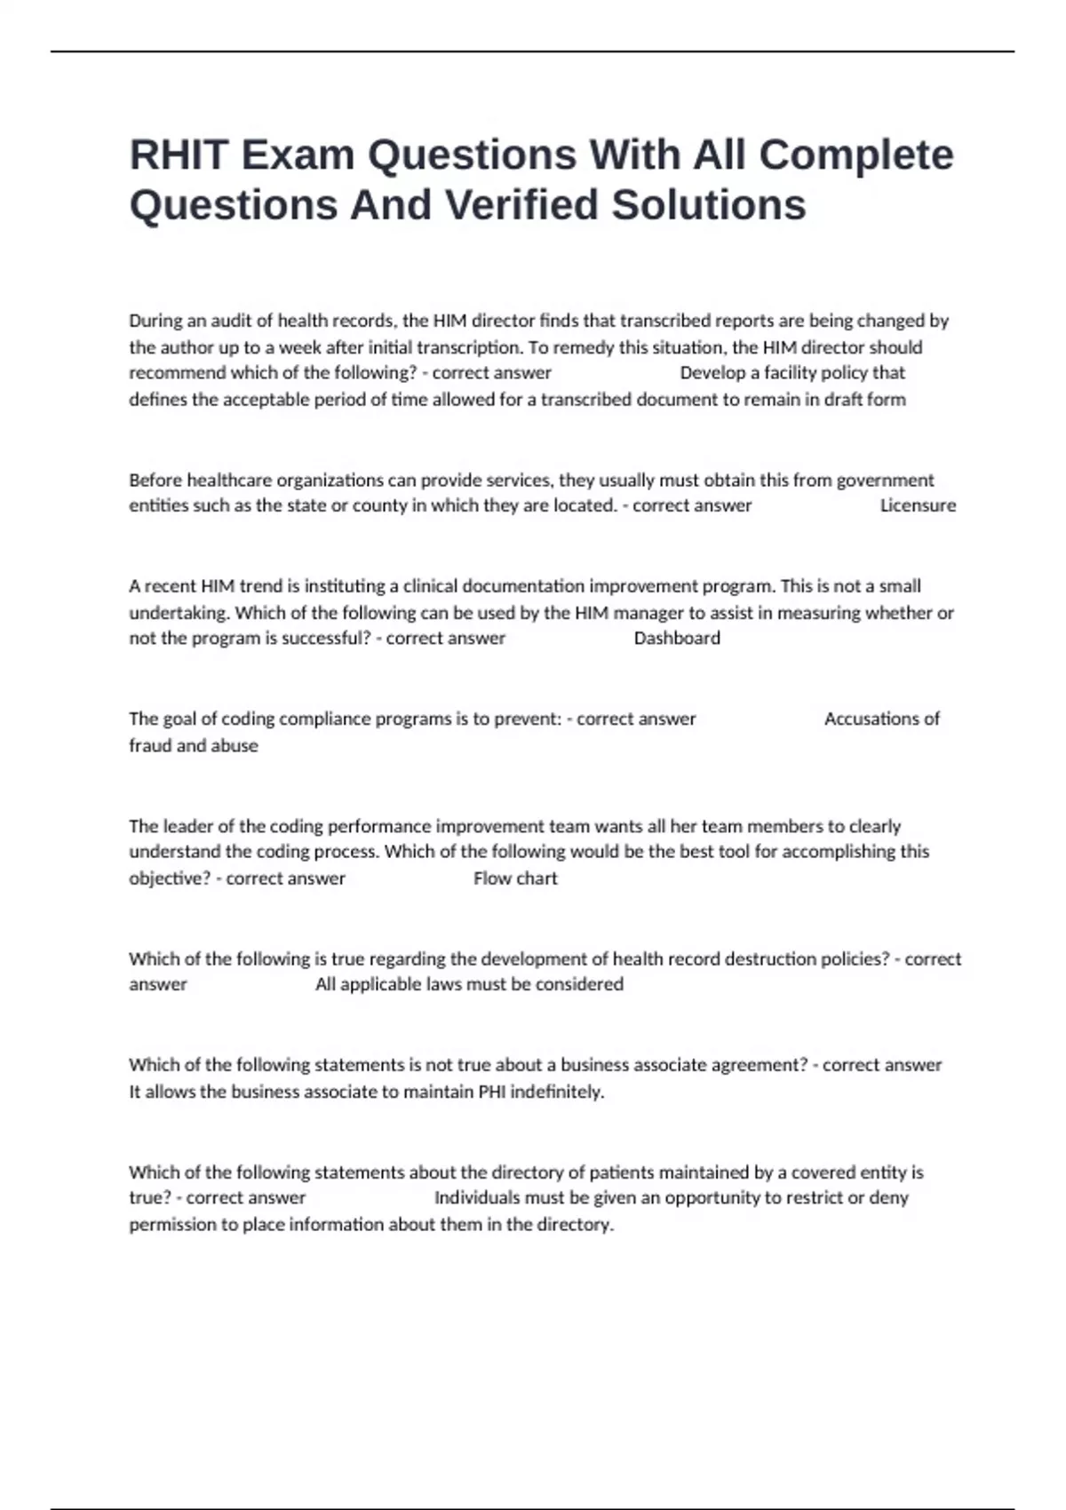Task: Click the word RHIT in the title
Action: (x=179, y=155)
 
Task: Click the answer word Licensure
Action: (x=918, y=505)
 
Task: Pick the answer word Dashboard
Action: (x=677, y=639)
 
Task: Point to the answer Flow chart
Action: (x=515, y=878)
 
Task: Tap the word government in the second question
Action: (x=885, y=481)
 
